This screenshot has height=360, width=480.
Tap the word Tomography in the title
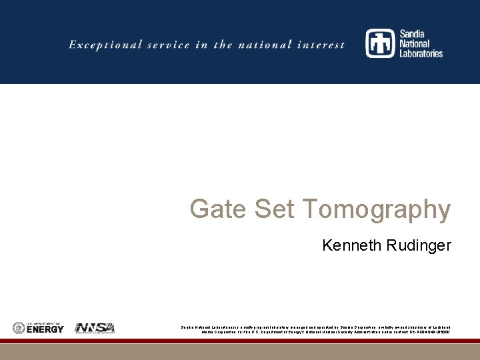click(x=377, y=209)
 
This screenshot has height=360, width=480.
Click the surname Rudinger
click(x=419, y=245)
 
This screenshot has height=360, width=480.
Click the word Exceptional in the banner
click(x=105, y=45)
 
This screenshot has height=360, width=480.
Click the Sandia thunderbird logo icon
click(x=380, y=43)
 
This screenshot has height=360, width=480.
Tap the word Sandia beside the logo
click(x=413, y=34)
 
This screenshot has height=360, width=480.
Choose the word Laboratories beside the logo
click(x=421, y=53)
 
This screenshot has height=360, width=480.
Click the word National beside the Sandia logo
click(x=415, y=43)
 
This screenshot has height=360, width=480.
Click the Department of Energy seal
click(x=19, y=328)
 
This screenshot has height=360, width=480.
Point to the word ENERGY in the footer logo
click(x=45, y=329)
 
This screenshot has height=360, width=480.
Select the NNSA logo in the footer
click(x=95, y=328)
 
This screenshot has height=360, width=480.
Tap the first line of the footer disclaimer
click(x=315, y=327)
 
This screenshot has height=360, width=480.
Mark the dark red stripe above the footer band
click(x=240, y=341)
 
